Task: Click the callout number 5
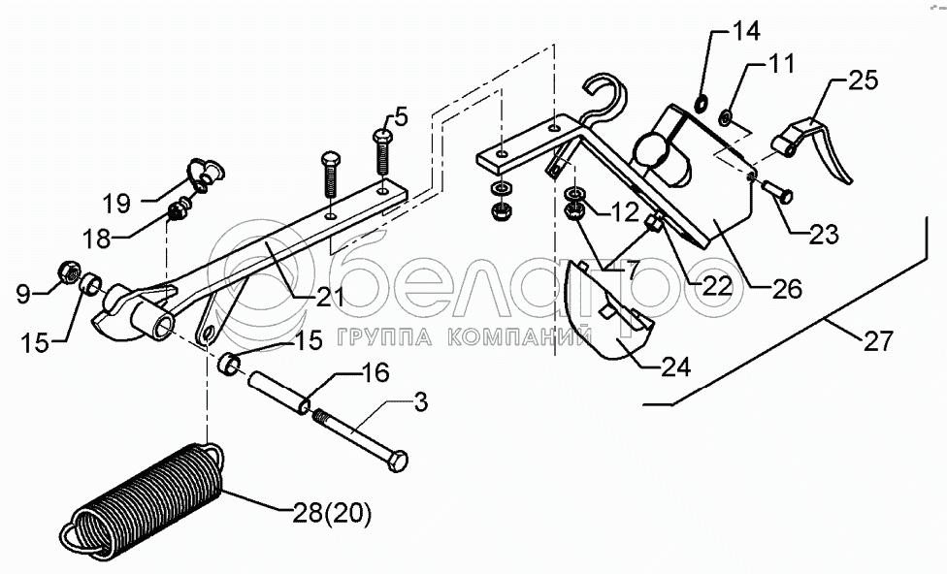pos(401,118)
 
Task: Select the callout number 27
pos(875,340)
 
